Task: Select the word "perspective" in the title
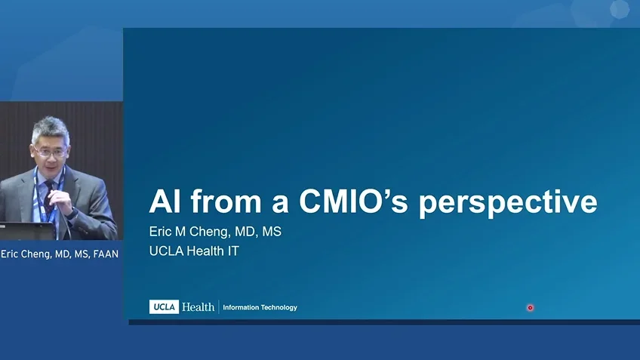click(x=508, y=202)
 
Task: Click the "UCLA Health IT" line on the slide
click(x=194, y=251)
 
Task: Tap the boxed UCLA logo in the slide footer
click(x=164, y=307)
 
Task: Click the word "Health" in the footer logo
click(x=198, y=307)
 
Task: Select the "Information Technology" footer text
click(x=260, y=308)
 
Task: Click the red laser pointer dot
click(x=530, y=308)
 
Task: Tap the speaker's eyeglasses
click(x=48, y=152)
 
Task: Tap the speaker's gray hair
click(x=50, y=128)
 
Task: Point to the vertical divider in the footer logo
click(x=219, y=307)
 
